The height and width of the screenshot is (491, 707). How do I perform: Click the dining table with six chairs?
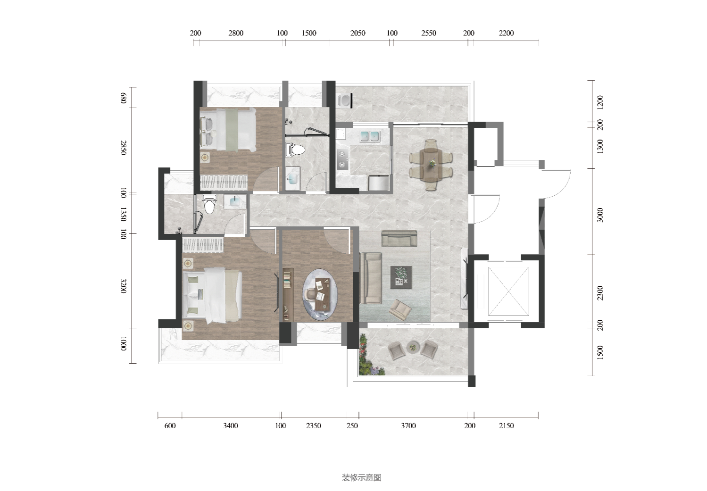click(431, 165)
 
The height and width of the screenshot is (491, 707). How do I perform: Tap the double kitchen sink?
click(370, 136)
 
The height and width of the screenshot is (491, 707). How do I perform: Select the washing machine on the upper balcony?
click(344, 100)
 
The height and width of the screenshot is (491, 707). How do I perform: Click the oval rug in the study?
click(320, 294)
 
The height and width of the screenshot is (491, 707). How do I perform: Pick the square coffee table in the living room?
click(401, 277)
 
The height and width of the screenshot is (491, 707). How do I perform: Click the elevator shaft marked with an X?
click(508, 291)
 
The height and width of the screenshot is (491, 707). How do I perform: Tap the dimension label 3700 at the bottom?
click(408, 426)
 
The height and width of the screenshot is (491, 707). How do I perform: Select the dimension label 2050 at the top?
click(358, 33)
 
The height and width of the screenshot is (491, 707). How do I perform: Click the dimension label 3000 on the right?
click(600, 215)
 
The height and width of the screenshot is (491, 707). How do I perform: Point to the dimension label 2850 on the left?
click(123, 148)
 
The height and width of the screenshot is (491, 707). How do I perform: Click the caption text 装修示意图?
click(361, 477)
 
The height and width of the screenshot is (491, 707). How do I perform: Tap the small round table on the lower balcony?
click(413, 348)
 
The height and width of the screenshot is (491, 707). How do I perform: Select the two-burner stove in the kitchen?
click(342, 159)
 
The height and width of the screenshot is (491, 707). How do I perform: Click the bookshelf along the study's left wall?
click(288, 294)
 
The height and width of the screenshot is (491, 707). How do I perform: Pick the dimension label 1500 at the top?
click(308, 33)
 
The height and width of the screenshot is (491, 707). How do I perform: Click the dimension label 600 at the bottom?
click(170, 426)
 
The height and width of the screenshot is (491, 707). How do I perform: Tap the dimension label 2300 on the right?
click(600, 293)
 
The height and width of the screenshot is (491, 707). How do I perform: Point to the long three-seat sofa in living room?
click(371, 278)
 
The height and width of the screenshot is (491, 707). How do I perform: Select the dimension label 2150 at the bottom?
click(506, 426)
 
